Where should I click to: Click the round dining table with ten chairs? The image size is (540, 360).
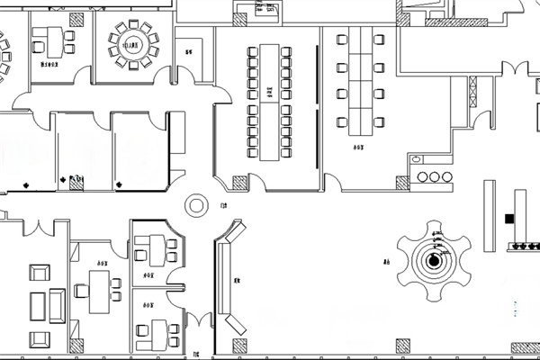(x=133, y=44)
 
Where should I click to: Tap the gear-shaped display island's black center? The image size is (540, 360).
(x=434, y=261)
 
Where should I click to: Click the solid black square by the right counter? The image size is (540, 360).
(x=508, y=218)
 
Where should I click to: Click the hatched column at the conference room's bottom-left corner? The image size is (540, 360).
(x=240, y=184)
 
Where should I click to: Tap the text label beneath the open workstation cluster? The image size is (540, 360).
(x=358, y=146)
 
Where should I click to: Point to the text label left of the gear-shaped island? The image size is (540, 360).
(x=384, y=263)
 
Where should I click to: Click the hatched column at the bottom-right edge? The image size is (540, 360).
(x=525, y=347)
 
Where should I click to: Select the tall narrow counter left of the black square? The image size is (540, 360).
(x=490, y=215)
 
